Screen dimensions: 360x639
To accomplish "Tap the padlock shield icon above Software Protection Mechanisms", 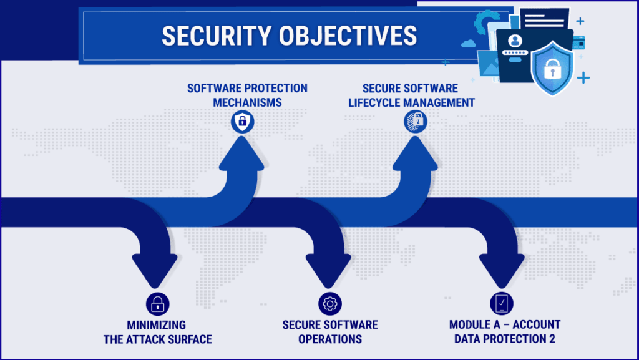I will click(242, 121).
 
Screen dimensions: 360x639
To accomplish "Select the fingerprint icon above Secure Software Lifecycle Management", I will click(415, 121).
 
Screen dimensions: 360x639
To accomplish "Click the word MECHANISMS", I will click(247, 102).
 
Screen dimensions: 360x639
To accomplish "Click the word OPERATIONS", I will click(330, 339).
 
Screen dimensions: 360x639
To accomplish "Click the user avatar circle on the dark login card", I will click(514, 41).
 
